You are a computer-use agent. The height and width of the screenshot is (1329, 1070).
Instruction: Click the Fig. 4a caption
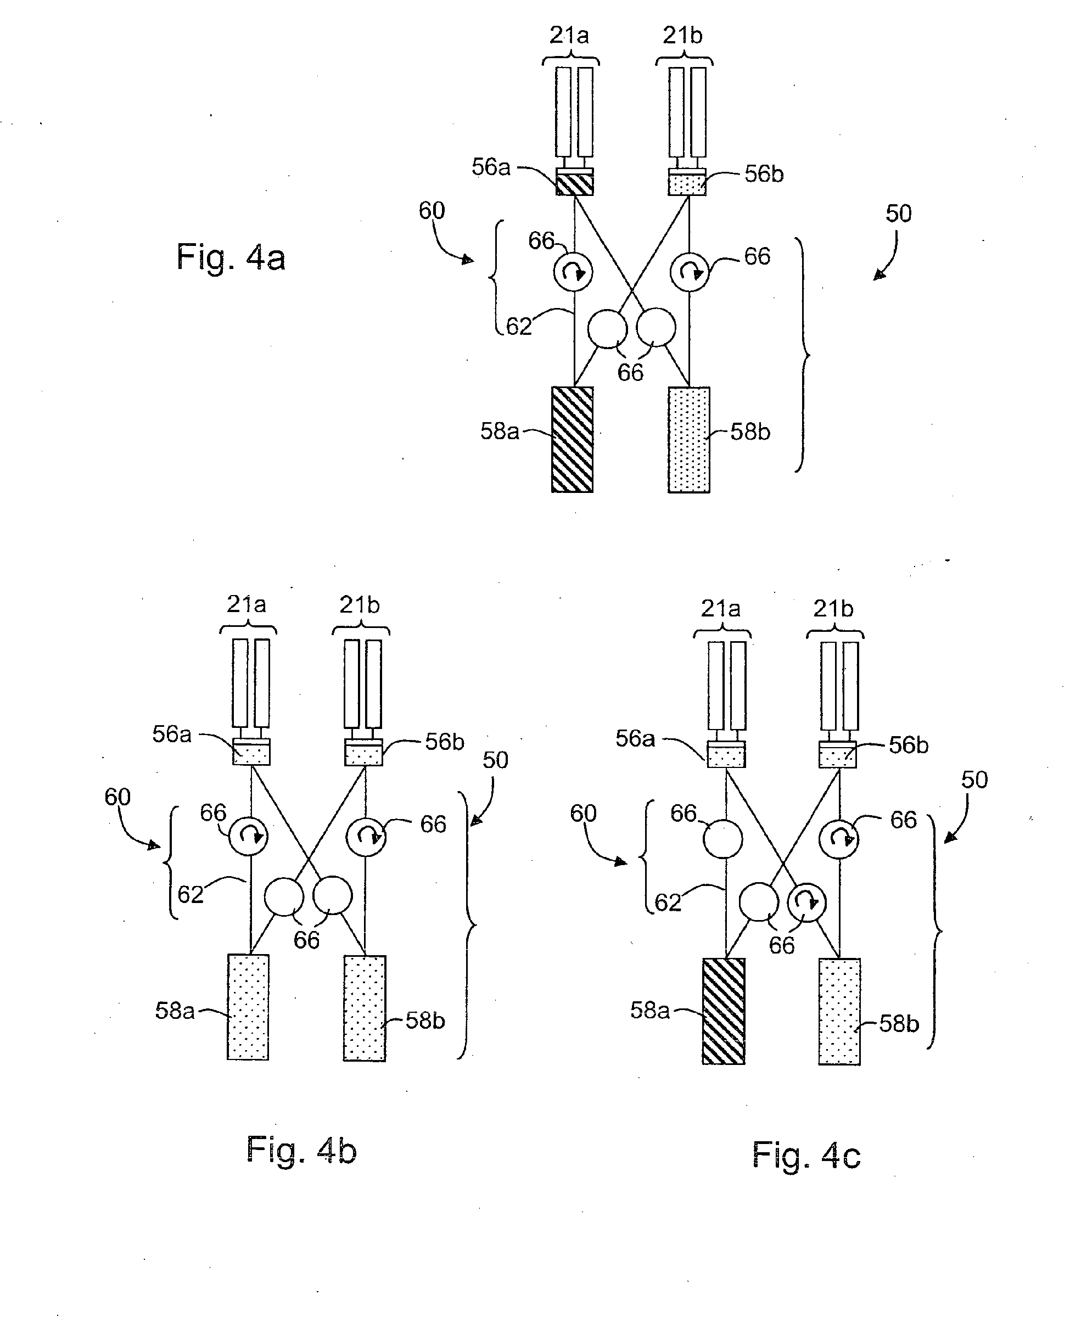pos(231,257)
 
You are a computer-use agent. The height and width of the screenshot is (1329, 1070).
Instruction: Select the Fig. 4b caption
pos(301,1149)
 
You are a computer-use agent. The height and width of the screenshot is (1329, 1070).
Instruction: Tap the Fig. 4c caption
pos(806,1154)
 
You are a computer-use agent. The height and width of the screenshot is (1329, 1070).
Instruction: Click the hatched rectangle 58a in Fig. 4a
pos(572,440)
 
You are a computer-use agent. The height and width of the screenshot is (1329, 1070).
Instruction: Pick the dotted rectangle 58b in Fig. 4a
pos(688,440)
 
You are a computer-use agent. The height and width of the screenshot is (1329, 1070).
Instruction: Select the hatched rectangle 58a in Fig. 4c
pos(724,1011)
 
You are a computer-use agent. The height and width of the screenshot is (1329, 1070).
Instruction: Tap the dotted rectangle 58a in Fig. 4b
pos(248,1007)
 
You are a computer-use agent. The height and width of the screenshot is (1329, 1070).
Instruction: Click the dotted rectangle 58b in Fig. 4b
pos(365,1008)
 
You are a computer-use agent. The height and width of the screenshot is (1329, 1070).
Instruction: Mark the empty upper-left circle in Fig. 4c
pos(723,839)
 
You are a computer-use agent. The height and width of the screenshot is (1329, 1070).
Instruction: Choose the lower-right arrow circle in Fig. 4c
pos(808,902)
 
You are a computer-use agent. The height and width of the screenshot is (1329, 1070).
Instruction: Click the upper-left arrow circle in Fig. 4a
pos(573,271)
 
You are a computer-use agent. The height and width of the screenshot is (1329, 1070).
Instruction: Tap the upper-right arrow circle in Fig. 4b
pos(366,837)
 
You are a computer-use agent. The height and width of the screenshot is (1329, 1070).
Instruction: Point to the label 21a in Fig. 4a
pos(569,36)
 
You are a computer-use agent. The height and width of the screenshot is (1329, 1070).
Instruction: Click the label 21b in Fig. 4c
pos(833,609)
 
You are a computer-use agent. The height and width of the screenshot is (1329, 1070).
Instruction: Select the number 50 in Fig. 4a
pos(898,214)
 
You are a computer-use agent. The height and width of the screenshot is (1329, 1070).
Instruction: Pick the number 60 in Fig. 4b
pos(117,797)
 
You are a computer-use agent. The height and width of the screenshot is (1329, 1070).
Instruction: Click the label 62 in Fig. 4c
pos(668,903)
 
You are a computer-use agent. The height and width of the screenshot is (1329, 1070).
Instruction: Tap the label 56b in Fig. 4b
pos(444,742)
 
